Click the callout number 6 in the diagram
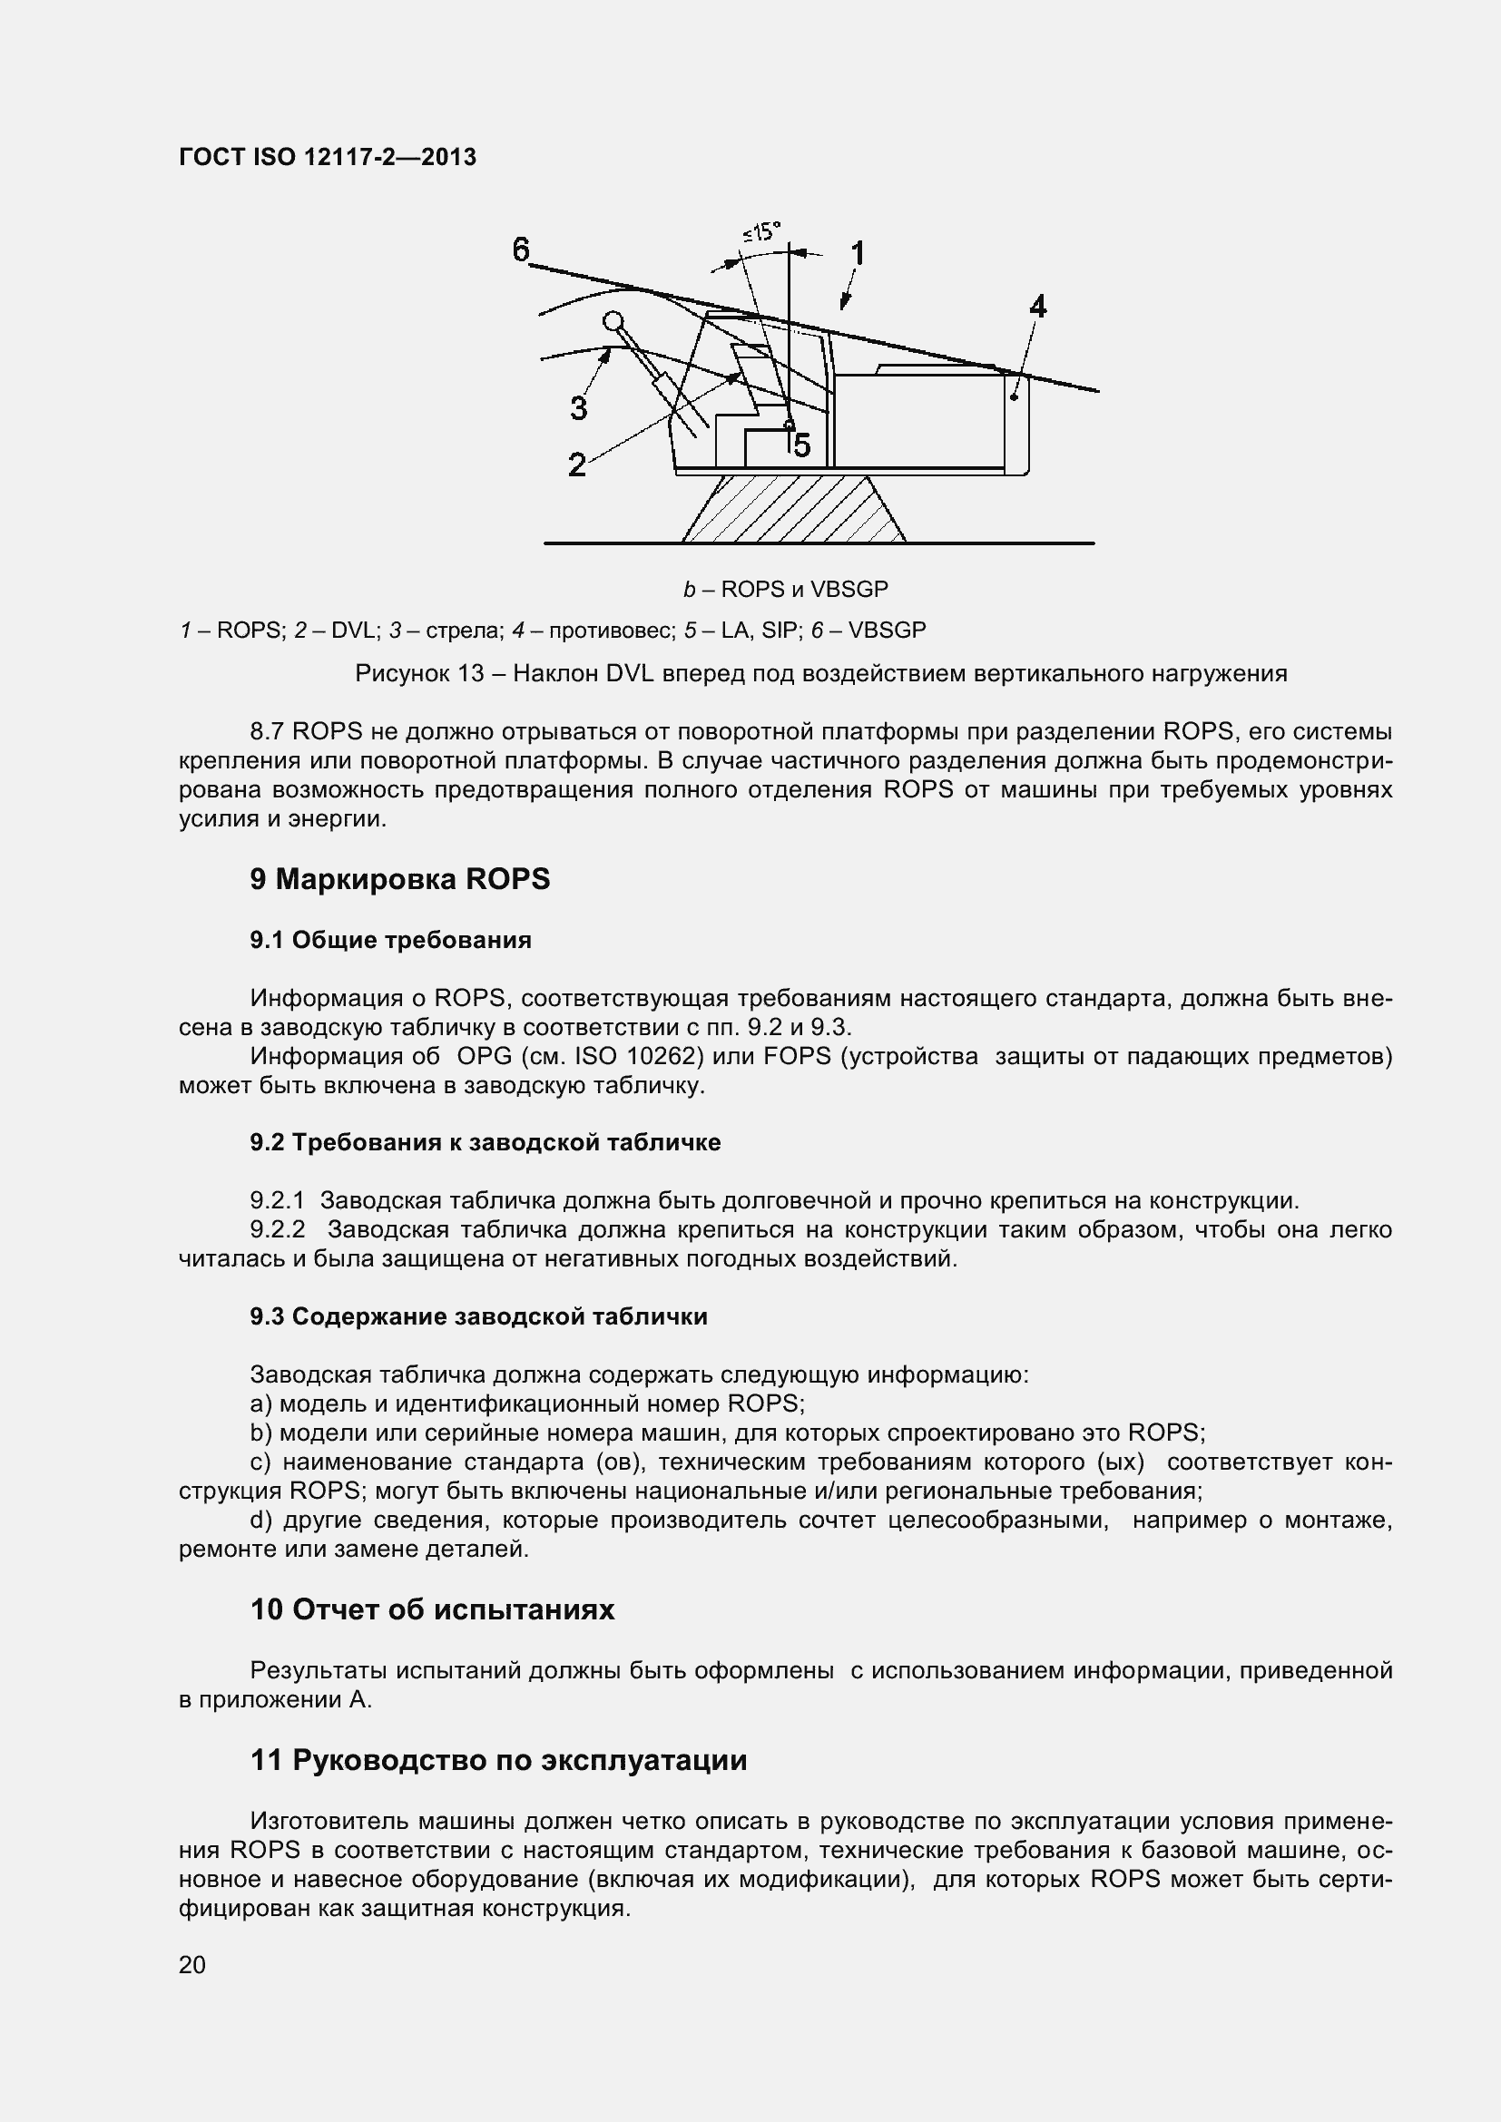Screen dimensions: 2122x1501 pos(522,249)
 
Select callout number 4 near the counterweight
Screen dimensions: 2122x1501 pos(1038,306)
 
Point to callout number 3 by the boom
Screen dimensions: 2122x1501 pos(579,407)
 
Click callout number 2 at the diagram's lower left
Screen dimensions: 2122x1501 pos(577,464)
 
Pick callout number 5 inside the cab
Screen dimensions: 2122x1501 pos(801,445)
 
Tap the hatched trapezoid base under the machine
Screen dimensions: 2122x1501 pos(793,509)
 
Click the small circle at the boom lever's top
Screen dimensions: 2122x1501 pos(612,320)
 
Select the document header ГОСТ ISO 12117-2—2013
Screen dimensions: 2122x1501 pos(329,157)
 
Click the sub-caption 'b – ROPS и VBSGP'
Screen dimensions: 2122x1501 pos(786,589)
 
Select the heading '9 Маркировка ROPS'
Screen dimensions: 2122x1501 pos(399,879)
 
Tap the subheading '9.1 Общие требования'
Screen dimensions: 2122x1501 pos(390,941)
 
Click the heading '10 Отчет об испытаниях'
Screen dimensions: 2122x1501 pos(432,1609)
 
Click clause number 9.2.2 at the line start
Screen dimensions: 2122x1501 pos(278,1230)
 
